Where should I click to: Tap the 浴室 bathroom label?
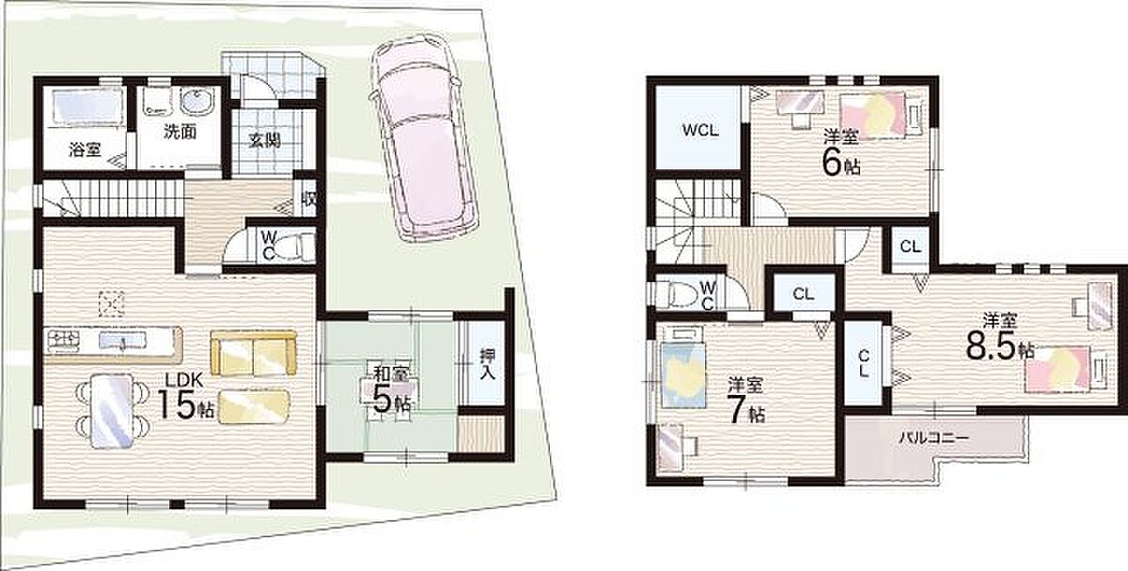[x=85, y=150]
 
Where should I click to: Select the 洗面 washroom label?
[x=180, y=132]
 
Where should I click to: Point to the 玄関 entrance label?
[x=264, y=139]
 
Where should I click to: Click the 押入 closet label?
[x=488, y=364]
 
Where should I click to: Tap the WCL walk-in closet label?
[x=700, y=130]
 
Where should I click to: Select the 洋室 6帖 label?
[x=841, y=153]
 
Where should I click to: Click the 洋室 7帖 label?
[x=745, y=402]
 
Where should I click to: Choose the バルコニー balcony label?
[x=934, y=437]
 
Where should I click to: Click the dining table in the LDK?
[x=113, y=411]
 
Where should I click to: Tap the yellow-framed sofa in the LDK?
[x=253, y=353]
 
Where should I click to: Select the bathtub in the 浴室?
[x=83, y=104]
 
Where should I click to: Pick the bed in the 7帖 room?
[x=683, y=375]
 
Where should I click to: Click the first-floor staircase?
[x=112, y=199]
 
